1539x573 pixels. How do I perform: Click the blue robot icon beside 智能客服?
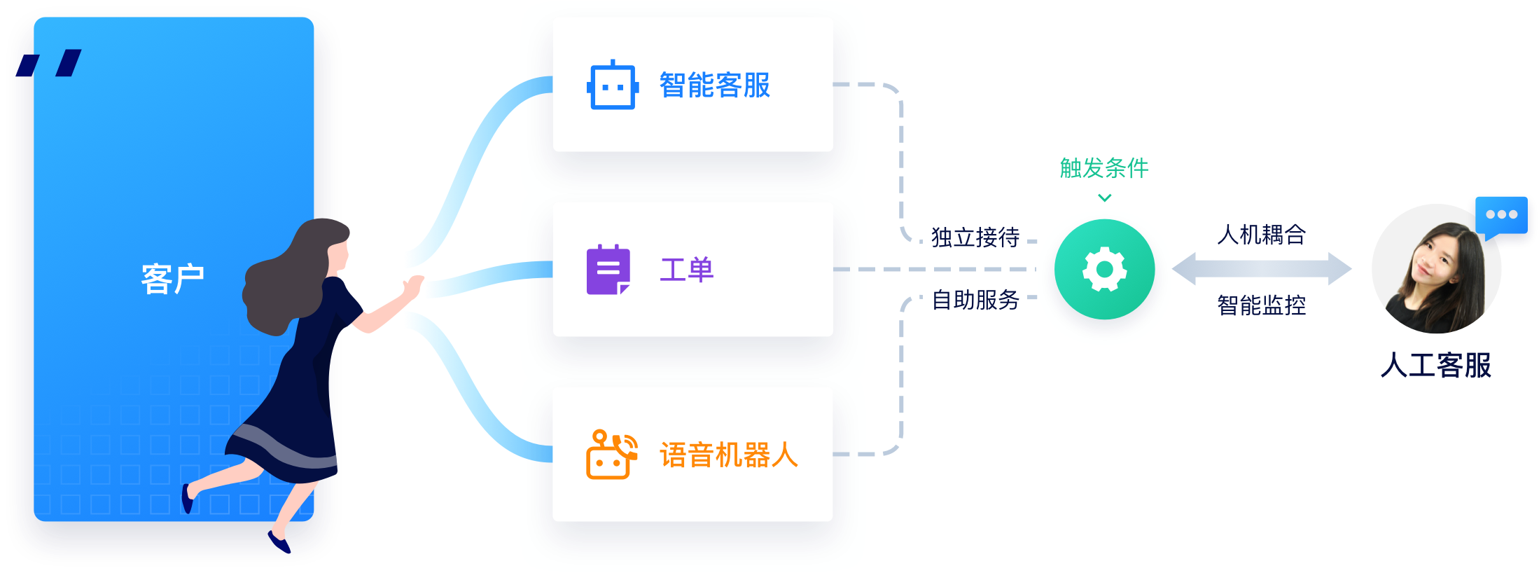tap(613, 85)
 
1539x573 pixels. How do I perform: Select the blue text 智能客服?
tap(715, 85)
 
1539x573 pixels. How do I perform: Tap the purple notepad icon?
tap(608, 270)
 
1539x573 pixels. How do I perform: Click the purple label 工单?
tap(687, 270)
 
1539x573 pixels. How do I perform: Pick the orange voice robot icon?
tap(611, 455)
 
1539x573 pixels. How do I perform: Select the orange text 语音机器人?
tap(729, 455)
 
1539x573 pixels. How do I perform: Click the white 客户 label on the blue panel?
tap(172, 279)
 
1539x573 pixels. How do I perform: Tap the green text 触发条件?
tap(1104, 168)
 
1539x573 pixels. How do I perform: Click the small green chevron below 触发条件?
tap(1105, 198)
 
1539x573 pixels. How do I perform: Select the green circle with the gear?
tap(1105, 270)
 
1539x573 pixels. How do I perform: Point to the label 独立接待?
tap(975, 237)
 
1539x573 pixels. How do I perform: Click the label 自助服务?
tap(975, 300)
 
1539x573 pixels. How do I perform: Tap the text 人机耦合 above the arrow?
tap(1262, 235)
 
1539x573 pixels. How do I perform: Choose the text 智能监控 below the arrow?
tap(1262, 305)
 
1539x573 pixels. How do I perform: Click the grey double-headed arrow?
tap(1262, 269)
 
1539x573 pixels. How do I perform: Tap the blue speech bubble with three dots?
tap(1501, 216)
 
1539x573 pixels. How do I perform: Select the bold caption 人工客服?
tap(1436, 366)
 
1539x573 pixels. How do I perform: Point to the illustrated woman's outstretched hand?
tap(413, 286)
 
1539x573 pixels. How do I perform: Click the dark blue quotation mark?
tap(49, 63)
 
